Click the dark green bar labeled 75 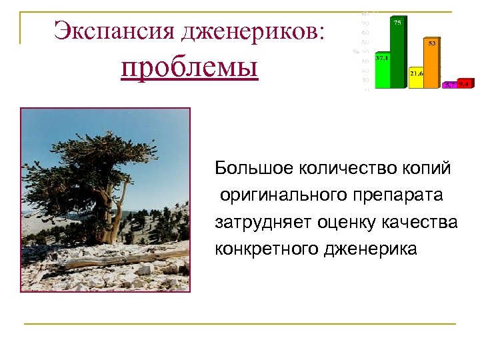point(397,53)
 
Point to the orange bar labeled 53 point(432,64)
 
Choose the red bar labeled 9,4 point(465,84)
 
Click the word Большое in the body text point(245,168)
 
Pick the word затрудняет point(254,222)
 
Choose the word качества point(419,222)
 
